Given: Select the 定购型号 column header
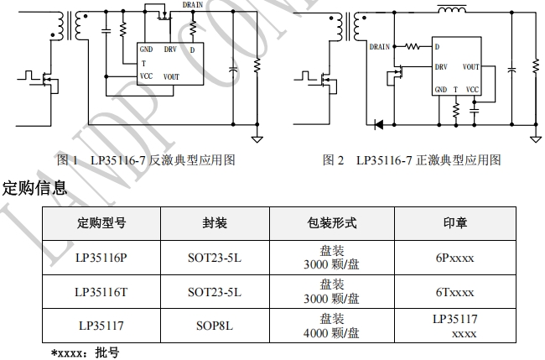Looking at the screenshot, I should click(x=101, y=223).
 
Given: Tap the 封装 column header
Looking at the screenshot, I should click(x=214, y=223).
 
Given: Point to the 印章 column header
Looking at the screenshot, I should click(x=454, y=223).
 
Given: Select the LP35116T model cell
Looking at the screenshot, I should click(x=101, y=293).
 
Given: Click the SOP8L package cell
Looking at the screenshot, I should click(x=214, y=326).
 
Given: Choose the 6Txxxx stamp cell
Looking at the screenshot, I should click(x=454, y=293).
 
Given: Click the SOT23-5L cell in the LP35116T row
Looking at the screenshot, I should click(x=214, y=293).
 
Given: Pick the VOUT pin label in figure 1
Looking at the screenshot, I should click(x=173, y=76).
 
